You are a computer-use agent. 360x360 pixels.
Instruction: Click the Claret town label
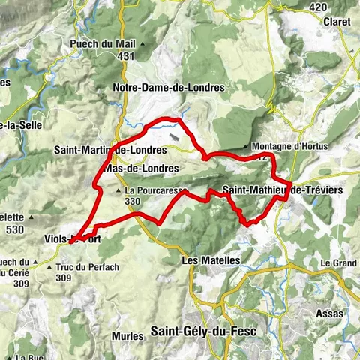click(338, 22)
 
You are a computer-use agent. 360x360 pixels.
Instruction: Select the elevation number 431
click(126, 56)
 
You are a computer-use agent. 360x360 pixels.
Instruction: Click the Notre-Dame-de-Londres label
click(169, 87)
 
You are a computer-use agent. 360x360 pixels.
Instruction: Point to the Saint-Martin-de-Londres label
click(109, 150)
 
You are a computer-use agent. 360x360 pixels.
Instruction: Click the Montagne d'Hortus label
click(291, 146)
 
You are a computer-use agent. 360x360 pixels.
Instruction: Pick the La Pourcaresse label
click(155, 190)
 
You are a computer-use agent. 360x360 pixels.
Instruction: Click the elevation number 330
click(133, 201)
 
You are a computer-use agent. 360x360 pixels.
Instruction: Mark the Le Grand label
click(339, 263)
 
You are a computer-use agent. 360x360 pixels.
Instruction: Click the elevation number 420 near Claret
click(319, 7)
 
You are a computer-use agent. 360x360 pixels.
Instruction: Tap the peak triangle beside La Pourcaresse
click(118, 191)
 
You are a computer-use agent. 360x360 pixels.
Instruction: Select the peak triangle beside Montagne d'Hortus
click(248, 146)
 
